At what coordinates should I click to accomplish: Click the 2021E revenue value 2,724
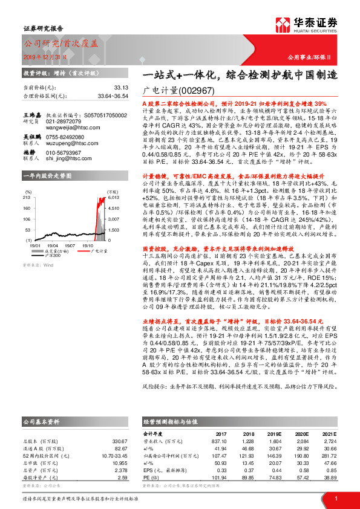[x=328, y=441]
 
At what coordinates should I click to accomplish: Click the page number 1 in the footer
[x=335, y=498]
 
